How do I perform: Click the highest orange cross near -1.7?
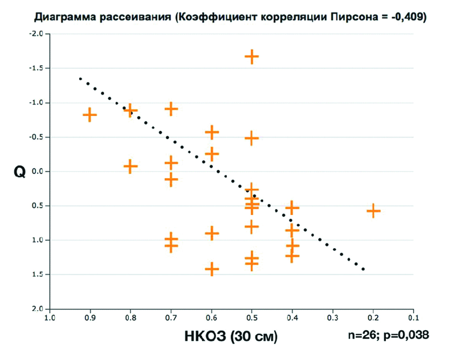click(252, 57)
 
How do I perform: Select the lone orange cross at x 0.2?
click(373, 210)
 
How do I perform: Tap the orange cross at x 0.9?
click(90, 115)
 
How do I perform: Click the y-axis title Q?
click(20, 173)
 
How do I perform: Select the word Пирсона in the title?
click(340, 17)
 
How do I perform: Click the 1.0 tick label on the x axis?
click(49, 317)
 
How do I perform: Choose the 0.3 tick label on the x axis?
click(333, 317)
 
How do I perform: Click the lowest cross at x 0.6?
click(212, 269)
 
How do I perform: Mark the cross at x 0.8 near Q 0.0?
click(130, 166)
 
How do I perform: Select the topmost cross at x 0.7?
click(171, 109)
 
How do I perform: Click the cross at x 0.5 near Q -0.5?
click(252, 138)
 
